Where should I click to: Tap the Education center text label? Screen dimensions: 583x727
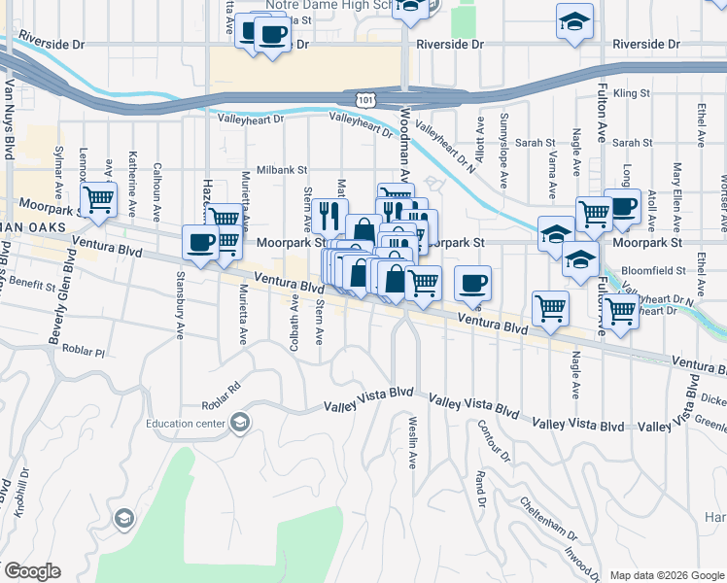186,423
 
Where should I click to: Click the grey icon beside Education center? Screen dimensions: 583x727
240,422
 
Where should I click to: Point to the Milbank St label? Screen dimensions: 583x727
281,169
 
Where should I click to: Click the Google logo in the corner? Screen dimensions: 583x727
32,571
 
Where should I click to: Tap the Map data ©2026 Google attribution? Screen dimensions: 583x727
666,575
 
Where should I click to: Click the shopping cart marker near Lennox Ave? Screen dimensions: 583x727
98,200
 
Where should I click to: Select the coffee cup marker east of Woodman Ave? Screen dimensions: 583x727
472,283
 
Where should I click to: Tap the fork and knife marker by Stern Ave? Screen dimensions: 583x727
329,214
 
